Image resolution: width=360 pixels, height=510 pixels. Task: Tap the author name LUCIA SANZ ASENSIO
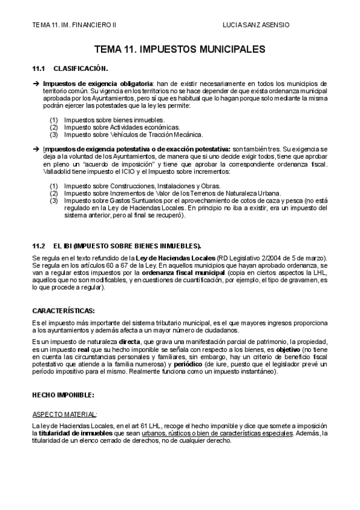[x=256, y=25]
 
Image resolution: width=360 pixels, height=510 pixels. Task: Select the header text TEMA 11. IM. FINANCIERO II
[x=75, y=25]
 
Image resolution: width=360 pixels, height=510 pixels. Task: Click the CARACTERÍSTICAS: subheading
[x=63, y=310]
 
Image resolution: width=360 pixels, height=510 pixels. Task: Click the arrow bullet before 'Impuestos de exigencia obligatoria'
[x=35, y=83]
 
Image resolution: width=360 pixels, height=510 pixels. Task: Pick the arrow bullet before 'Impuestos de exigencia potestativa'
[x=35, y=149]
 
